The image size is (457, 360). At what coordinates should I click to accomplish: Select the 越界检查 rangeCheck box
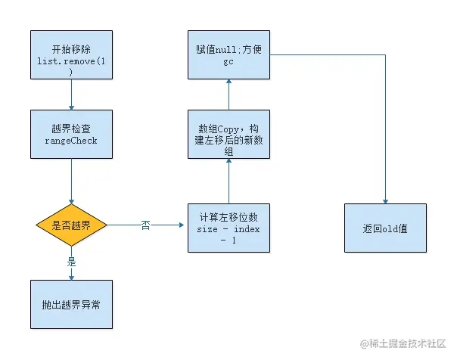point(71,134)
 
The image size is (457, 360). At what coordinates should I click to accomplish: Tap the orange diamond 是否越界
point(71,226)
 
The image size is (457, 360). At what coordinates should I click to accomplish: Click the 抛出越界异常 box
point(71,304)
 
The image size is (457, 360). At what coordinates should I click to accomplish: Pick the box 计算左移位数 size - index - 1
point(228,227)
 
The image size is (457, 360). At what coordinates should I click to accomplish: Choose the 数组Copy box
point(228,133)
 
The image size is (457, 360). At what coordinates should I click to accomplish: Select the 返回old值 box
point(385,227)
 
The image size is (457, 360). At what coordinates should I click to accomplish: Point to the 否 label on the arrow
point(145,226)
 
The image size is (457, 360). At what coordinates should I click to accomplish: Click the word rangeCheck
point(71,140)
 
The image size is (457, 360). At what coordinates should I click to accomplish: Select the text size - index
point(228,227)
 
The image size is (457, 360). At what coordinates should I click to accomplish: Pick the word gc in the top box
point(228,63)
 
